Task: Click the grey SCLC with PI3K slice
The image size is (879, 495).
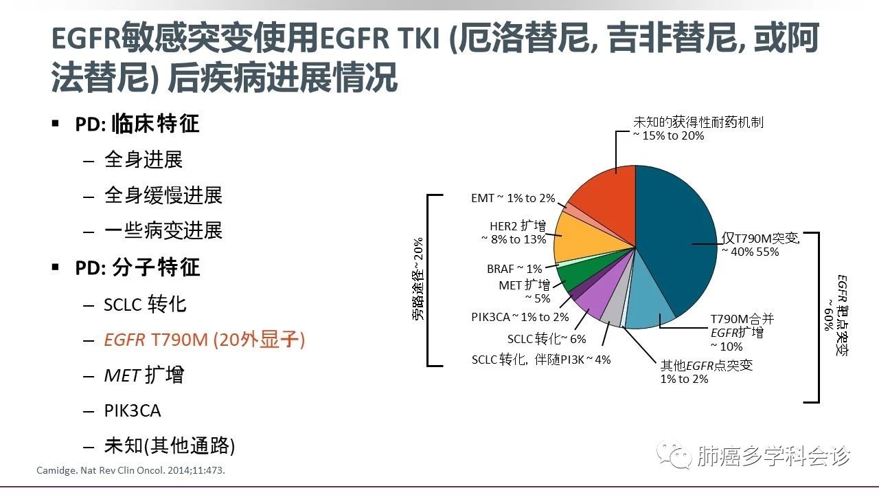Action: [613, 312]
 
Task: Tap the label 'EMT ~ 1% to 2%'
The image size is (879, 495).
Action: [513, 198]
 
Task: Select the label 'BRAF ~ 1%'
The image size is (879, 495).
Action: [514, 269]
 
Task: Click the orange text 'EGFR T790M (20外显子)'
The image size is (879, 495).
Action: [204, 339]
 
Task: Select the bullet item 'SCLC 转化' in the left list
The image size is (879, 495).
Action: [145, 304]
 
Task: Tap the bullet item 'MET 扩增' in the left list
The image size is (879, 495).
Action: [144, 375]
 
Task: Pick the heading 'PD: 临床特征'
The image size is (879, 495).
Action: [137, 124]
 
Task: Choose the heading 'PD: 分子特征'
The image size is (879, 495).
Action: [137, 267]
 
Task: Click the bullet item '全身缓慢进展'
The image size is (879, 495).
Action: [163, 195]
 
